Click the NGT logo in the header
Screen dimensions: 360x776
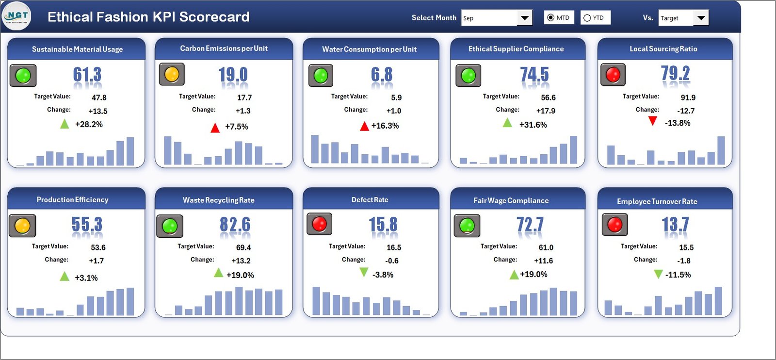pos(17,16)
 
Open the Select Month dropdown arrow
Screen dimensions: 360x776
pos(524,18)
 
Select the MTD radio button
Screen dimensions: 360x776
pos(550,18)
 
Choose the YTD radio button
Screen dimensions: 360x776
pos(587,18)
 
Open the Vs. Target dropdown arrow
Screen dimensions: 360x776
pos(701,18)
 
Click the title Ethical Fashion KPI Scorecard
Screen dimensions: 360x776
pos(148,17)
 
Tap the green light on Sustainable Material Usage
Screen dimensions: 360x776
pos(23,76)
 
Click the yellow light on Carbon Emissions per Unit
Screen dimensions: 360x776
pos(172,74)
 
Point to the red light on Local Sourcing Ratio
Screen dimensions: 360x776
pos(613,75)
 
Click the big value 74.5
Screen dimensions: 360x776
pos(534,75)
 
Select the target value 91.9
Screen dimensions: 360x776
pos(688,98)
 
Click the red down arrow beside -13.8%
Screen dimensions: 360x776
pos(653,121)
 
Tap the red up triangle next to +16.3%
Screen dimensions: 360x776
pos(364,127)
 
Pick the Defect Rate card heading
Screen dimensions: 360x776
pos(370,200)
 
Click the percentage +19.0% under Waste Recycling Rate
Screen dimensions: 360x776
pos(240,275)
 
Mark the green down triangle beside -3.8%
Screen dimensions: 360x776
pos(364,273)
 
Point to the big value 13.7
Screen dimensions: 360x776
pos(675,225)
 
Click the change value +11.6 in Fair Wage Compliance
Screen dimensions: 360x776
pos(543,261)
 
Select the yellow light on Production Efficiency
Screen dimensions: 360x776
pos(22,226)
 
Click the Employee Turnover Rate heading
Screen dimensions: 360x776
pos(657,201)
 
